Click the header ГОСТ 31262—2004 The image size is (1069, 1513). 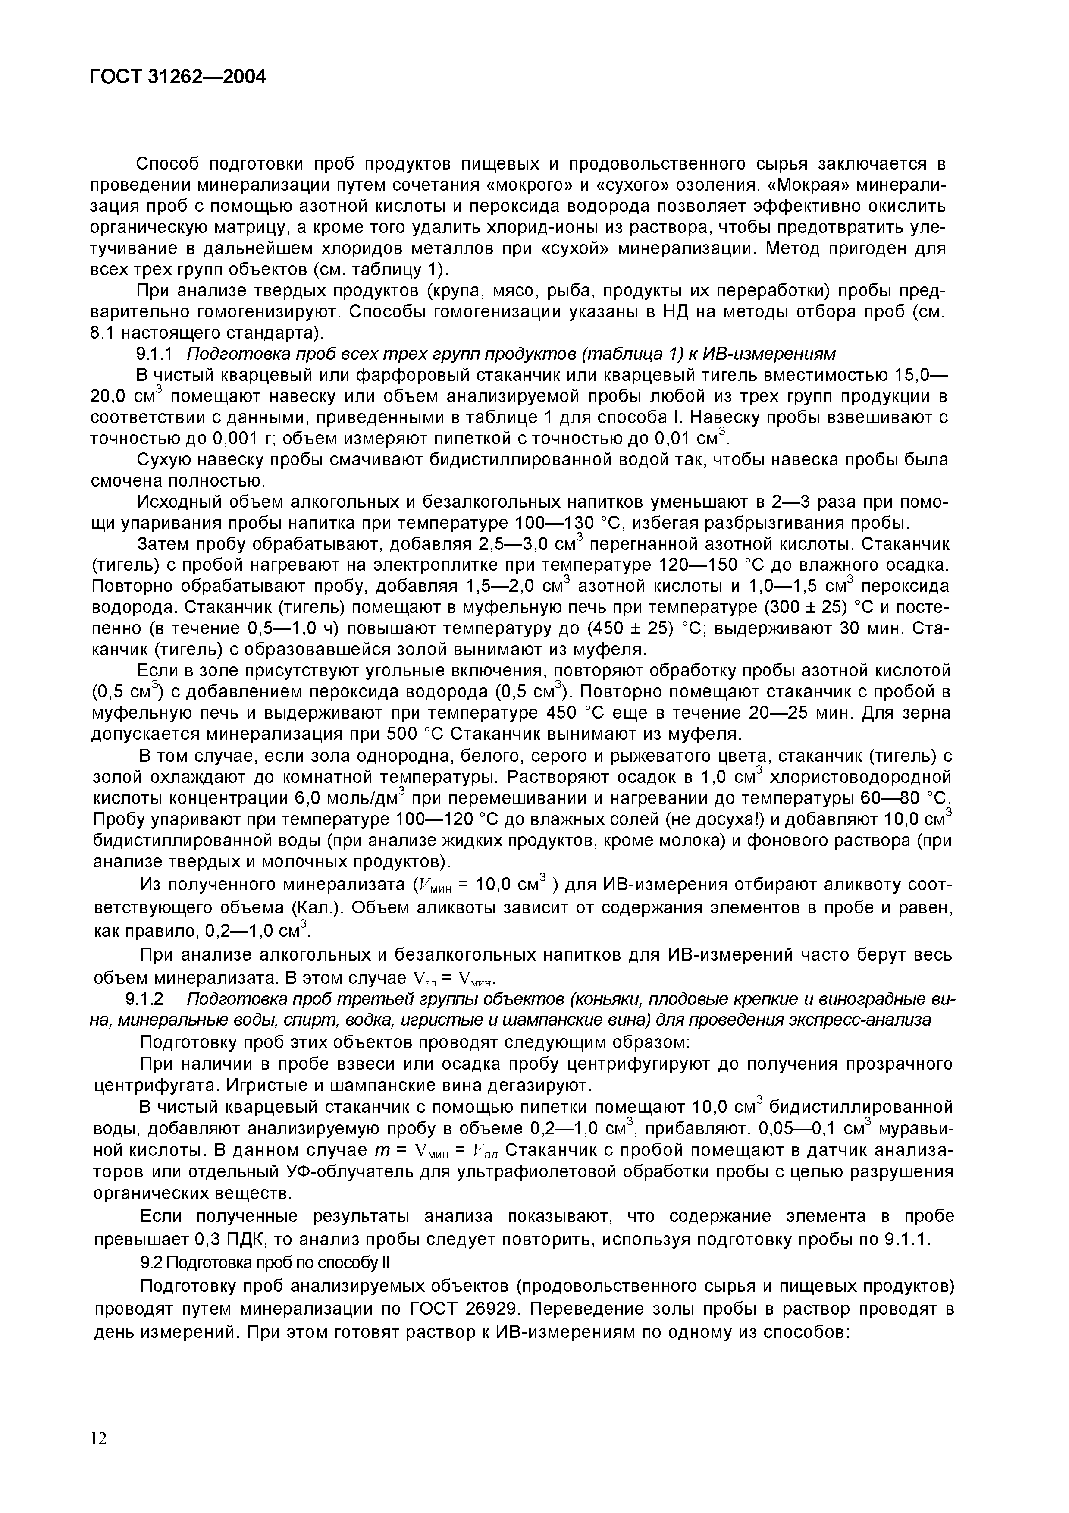point(177,77)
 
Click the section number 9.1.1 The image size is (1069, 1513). point(154,354)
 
